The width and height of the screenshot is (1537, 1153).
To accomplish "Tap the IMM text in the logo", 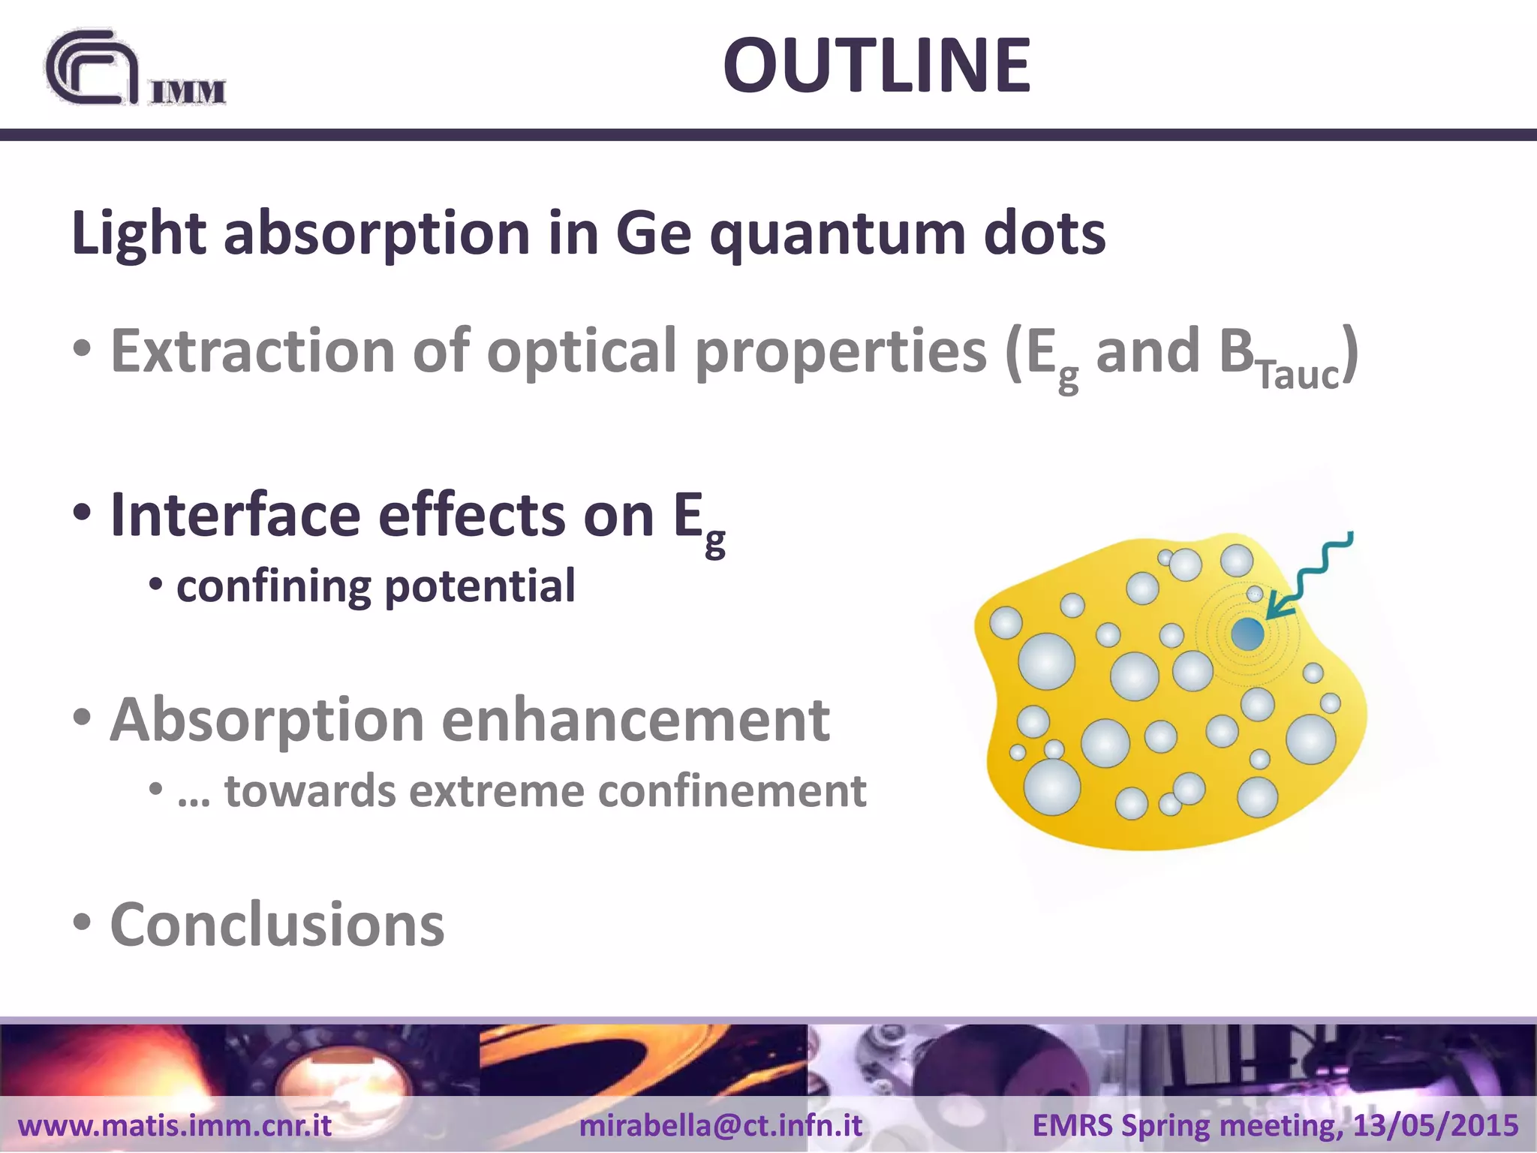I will click(x=188, y=92).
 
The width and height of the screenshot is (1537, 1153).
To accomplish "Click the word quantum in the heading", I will click(x=837, y=234).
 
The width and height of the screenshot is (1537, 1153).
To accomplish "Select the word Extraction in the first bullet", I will click(x=252, y=351).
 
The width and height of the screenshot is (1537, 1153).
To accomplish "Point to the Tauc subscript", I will click(x=1298, y=375).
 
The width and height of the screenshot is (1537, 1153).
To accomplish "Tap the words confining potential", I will click(x=375, y=586).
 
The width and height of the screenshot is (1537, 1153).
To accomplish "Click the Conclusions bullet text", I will click(x=277, y=925).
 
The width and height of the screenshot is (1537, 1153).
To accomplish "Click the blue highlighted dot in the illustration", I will click(x=1247, y=634).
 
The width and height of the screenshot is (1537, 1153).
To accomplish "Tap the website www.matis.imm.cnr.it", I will click(x=174, y=1125).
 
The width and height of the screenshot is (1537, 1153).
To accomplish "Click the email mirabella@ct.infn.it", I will click(x=720, y=1125).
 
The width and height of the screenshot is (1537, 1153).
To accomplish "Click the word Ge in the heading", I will click(x=653, y=234).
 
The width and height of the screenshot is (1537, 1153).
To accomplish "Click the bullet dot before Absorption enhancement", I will click(x=83, y=716).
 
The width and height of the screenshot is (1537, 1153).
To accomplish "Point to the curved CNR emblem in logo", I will click(x=90, y=69).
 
